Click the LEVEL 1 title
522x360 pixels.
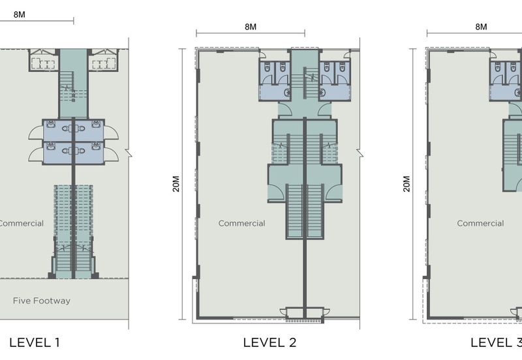click(x=35, y=342)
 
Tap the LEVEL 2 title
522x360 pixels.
click(x=269, y=342)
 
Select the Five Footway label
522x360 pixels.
click(x=42, y=301)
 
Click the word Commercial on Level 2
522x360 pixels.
click(x=241, y=223)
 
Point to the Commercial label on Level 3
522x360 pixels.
click(x=480, y=223)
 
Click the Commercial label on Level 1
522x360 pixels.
click(x=21, y=223)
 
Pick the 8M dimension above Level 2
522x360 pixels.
click(x=251, y=27)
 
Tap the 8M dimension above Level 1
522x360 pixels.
click(x=20, y=14)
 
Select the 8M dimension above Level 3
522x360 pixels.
click(x=481, y=27)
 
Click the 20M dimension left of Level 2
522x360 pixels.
click(x=176, y=184)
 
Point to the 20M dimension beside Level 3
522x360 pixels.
click(x=407, y=184)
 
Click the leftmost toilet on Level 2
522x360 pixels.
click(x=267, y=67)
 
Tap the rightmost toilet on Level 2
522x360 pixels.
click(x=342, y=67)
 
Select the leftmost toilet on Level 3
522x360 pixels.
click(x=498, y=67)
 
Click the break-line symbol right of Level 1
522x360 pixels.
click(x=129, y=153)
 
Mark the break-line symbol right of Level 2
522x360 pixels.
click(x=360, y=153)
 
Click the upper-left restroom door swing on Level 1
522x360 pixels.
click(x=36, y=133)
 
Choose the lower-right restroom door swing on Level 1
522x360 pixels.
click(x=111, y=155)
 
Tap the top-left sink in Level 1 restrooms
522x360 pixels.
click(x=51, y=125)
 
